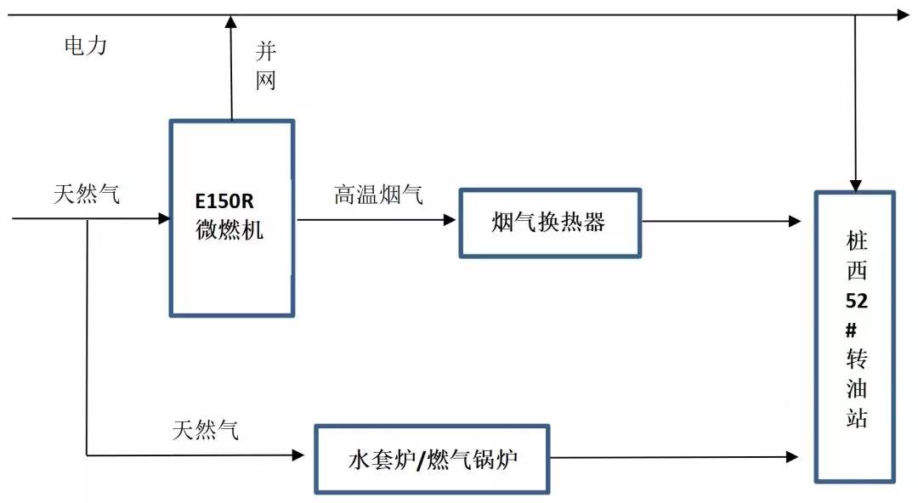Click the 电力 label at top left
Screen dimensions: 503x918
tap(86, 46)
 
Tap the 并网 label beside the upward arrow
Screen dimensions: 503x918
tap(266, 66)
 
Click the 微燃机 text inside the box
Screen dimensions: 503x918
tap(229, 229)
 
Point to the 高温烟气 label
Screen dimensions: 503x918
tap(378, 195)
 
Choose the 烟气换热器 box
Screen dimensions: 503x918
tap(550, 223)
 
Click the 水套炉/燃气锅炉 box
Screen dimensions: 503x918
tap(432, 460)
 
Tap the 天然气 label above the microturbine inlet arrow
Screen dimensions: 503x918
tap(87, 195)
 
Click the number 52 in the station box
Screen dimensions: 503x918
tap(856, 301)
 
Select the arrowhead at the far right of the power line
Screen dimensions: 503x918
tap(903, 14)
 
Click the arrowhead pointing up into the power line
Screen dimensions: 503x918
tap(230, 21)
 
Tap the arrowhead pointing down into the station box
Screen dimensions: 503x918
tap(856, 184)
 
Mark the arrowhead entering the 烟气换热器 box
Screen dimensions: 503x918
tap(450, 219)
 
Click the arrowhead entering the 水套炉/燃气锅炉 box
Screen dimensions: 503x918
tap(298, 455)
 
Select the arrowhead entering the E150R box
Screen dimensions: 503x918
tap(164, 218)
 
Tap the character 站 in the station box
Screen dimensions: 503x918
tap(856, 417)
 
